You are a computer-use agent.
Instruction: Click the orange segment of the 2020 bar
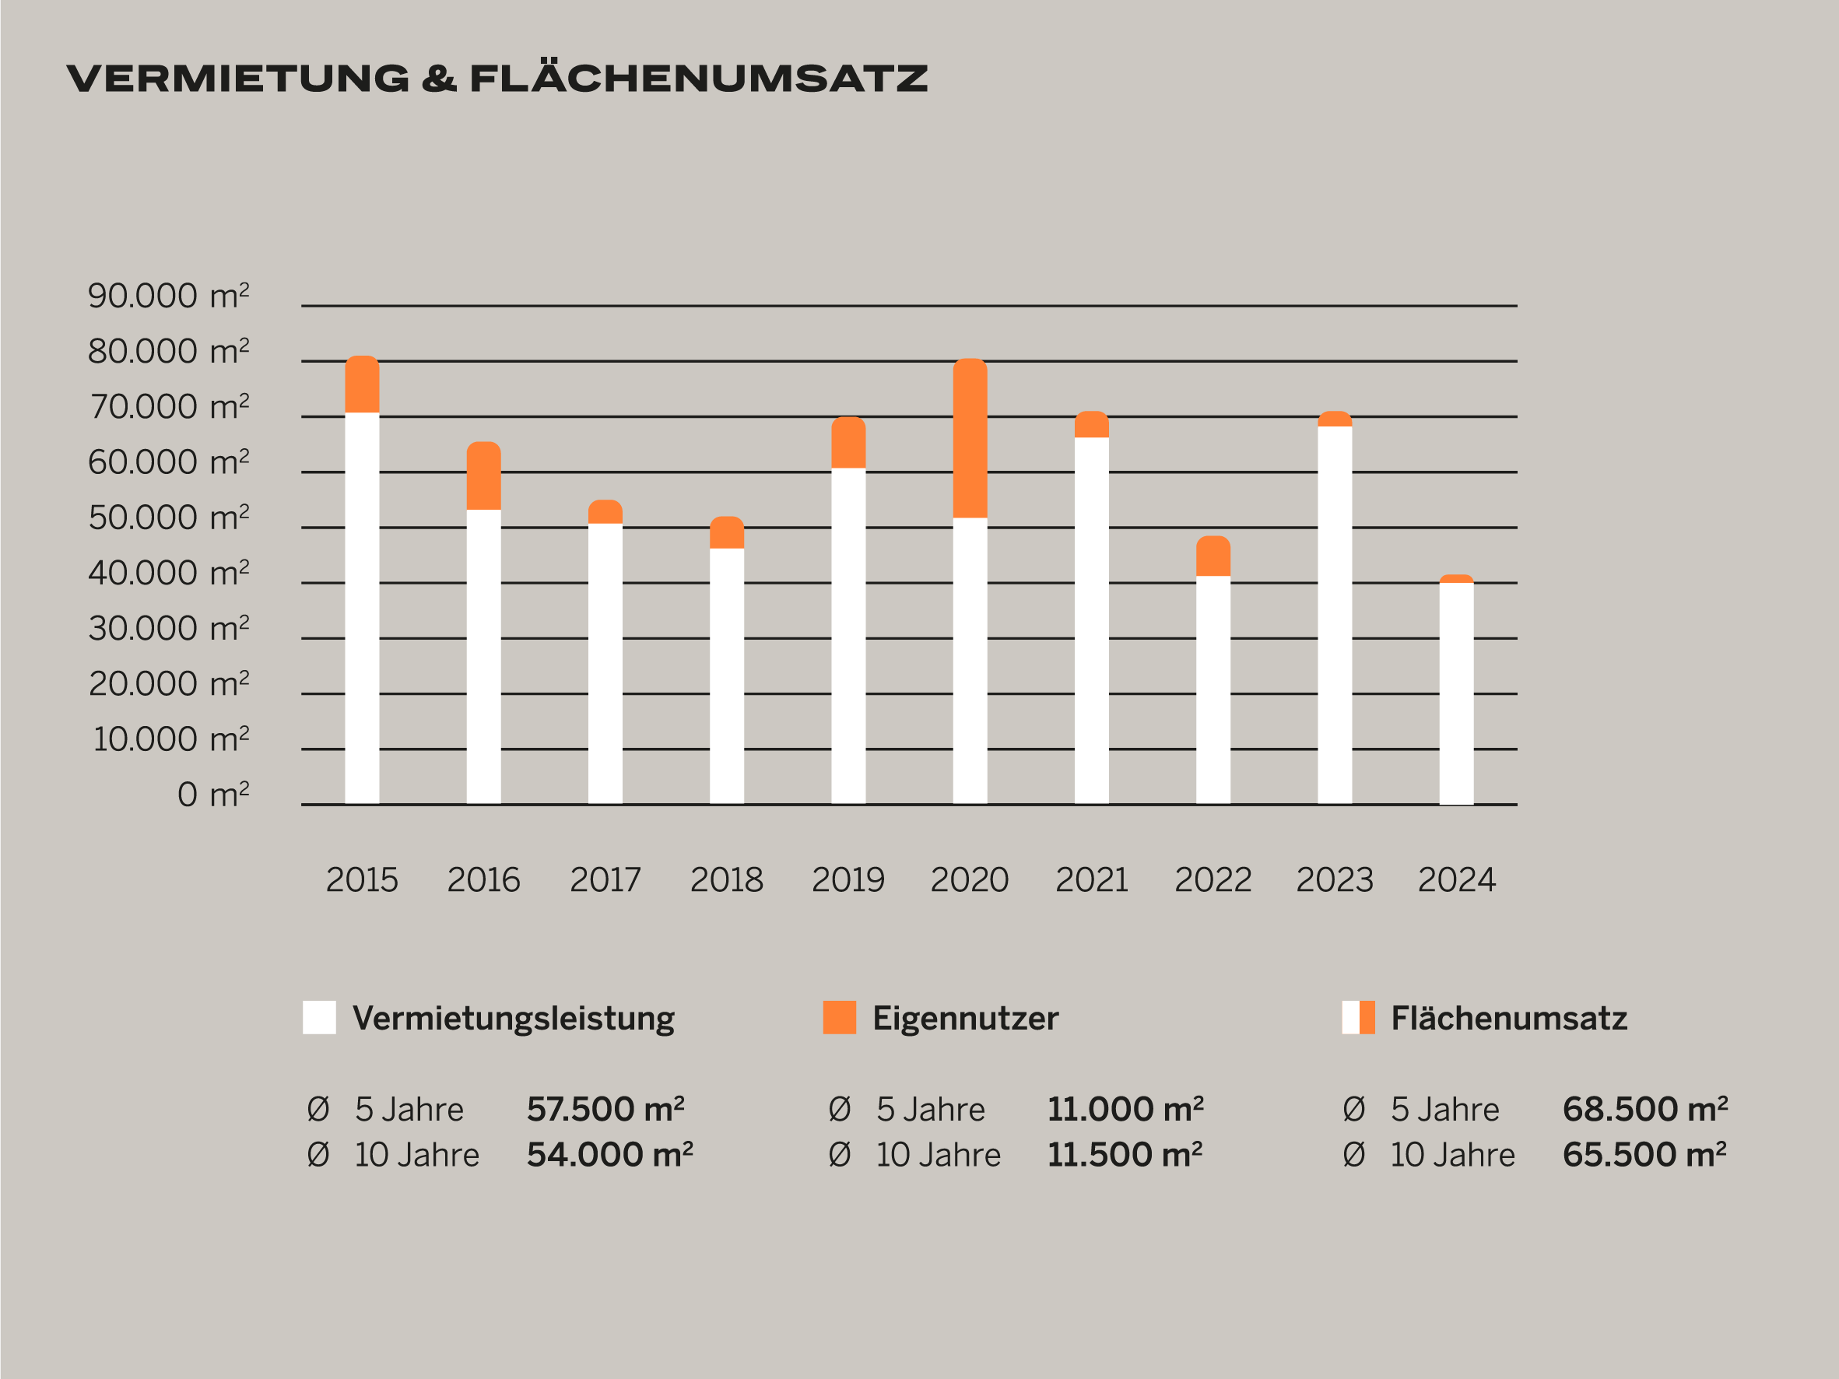click(x=970, y=438)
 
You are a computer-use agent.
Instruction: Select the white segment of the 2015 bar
click(x=362, y=607)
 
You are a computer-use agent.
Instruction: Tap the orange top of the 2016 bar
click(x=483, y=475)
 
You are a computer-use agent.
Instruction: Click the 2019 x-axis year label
click(x=848, y=880)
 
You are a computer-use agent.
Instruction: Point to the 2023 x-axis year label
click(x=1335, y=880)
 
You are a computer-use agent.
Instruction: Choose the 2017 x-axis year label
click(x=605, y=880)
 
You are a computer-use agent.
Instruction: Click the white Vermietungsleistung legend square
click(x=319, y=1017)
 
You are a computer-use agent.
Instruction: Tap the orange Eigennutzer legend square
click(x=839, y=1017)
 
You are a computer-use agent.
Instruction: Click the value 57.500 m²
click(x=605, y=1110)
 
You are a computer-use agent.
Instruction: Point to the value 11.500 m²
click(x=1125, y=1156)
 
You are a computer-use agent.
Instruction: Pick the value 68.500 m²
click(x=1645, y=1110)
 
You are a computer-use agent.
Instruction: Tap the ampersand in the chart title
click(x=439, y=79)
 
